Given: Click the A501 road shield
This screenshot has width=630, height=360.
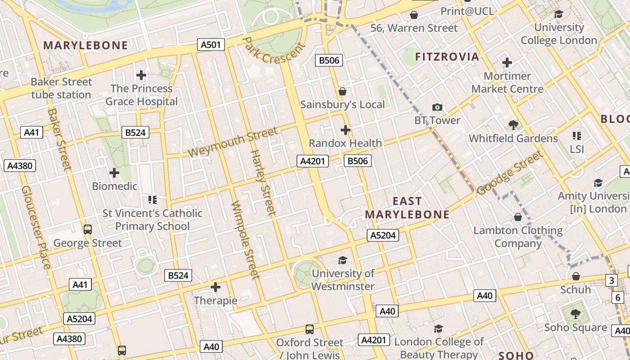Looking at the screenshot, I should pyautogui.click(x=211, y=44).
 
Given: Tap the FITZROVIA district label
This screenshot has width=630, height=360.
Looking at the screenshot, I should pyautogui.click(x=447, y=57).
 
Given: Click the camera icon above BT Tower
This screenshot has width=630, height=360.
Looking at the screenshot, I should pyautogui.click(x=437, y=107).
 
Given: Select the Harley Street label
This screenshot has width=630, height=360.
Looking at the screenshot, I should pyautogui.click(x=262, y=182).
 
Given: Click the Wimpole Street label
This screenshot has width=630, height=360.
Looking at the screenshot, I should pyautogui.click(x=245, y=239).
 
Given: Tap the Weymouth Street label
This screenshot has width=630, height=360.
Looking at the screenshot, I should pyautogui.click(x=233, y=142).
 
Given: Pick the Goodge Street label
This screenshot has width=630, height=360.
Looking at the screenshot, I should pyautogui.click(x=510, y=173).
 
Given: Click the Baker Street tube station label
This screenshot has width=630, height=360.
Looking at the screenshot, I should pyautogui.click(x=61, y=88).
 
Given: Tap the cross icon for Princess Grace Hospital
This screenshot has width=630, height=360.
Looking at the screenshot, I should pyautogui.click(x=141, y=75).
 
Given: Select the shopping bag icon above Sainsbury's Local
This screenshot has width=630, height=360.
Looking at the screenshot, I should pyautogui.click(x=342, y=91).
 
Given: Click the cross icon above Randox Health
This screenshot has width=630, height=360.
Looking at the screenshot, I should pyautogui.click(x=346, y=130).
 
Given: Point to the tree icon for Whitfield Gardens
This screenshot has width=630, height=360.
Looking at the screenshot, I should pyautogui.click(x=513, y=125).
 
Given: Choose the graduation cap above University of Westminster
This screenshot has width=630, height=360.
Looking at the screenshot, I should pyautogui.click(x=342, y=260).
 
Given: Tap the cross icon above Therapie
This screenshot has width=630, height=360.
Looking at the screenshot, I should pyautogui.click(x=216, y=287).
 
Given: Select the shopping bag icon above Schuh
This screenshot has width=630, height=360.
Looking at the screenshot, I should pyautogui.click(x=576, y=276).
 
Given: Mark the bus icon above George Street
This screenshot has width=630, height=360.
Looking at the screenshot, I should pyautogui.click(x=88, y=229).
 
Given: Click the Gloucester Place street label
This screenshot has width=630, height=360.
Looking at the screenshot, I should pyautogui.click(x=36, y=227).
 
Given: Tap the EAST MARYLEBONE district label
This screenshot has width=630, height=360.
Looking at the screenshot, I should pyautogui.click(x=407, y=207).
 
